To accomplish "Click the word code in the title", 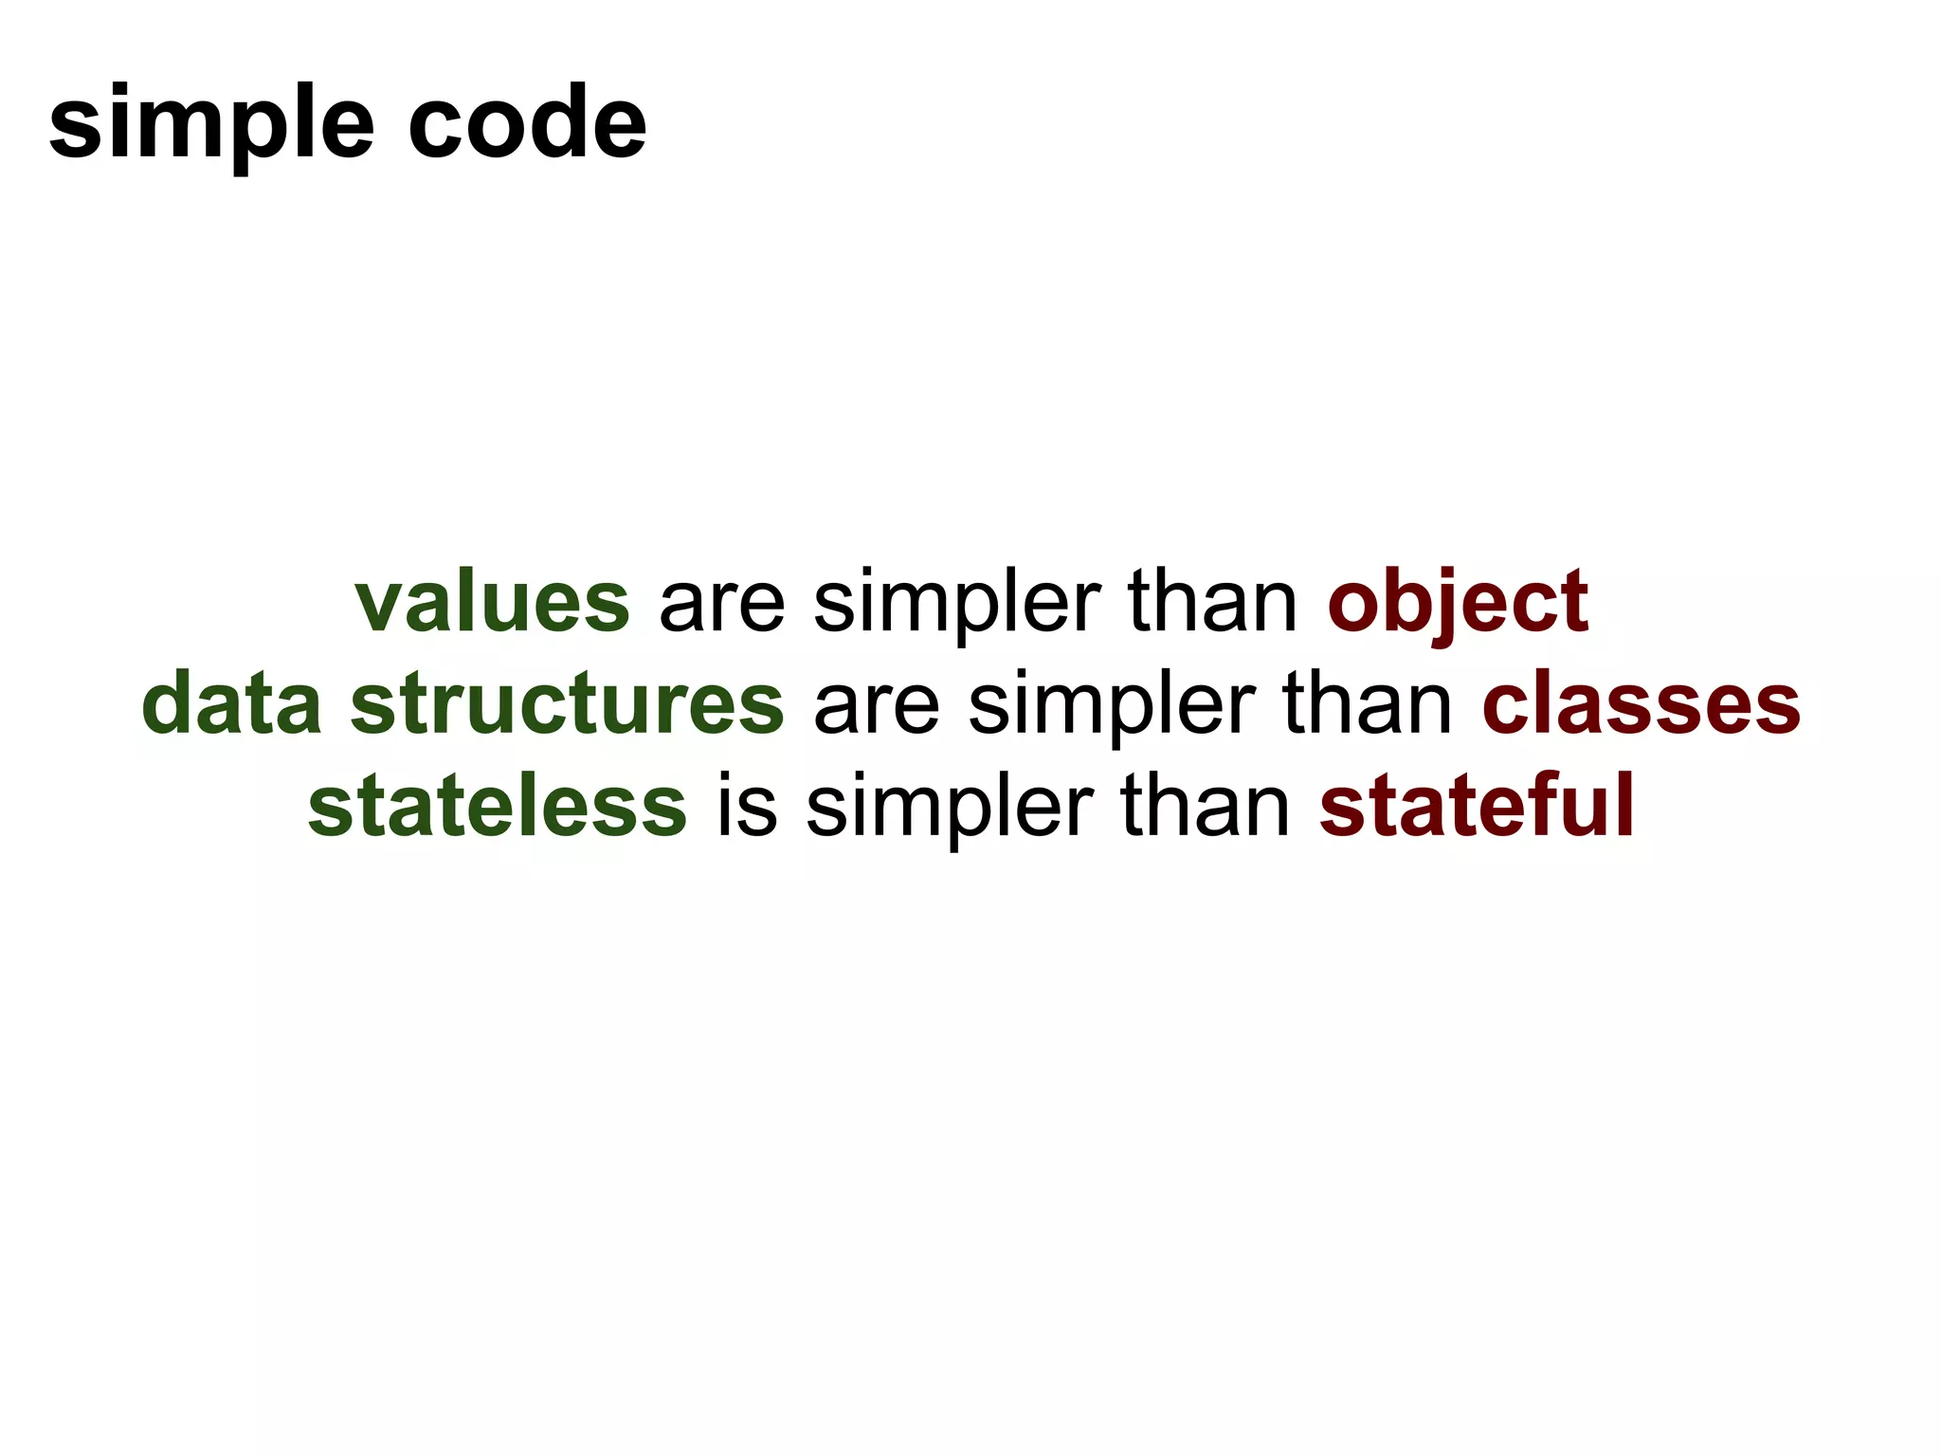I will [527, 122].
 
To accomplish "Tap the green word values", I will [492, 603].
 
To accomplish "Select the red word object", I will [1458, 603].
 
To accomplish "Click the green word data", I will [231, 704].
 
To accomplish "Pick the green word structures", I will [567, 704].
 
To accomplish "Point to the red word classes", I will [1641, 704].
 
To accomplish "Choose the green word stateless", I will [498, 806].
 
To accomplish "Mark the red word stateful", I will [1476, 806].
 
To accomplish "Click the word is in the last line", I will [747, 806].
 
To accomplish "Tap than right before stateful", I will [1205, 806].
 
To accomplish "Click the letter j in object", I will [1441, 607].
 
